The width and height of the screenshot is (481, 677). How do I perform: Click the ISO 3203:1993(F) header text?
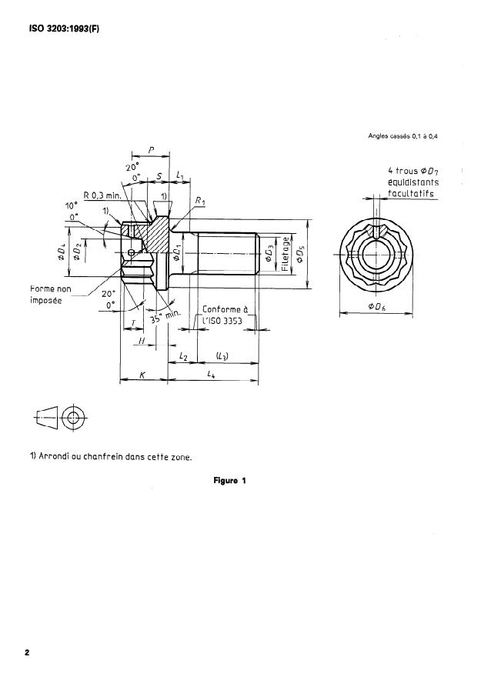pyautogui.click(x=65, y=29)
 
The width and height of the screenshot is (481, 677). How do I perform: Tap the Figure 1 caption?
pyautogui.click(x=229, y=481)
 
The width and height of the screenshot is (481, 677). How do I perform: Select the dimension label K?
pyautogui.click(x=142, y=375)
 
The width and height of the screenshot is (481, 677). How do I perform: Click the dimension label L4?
pyautogui.click(x=211, y=375)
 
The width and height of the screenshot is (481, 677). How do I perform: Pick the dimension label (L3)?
pyautogui.click(x=222, y=355)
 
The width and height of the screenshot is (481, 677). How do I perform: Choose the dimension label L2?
pyautogui.click(x=183, y=357)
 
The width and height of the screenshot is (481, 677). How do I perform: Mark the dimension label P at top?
pyautogui.click(x=151, y=150)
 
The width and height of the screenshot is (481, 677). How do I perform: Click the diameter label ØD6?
pyautogui.click(x=376, y=306)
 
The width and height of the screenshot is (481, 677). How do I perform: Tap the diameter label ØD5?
pyautogui.click(x=300, y=255)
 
